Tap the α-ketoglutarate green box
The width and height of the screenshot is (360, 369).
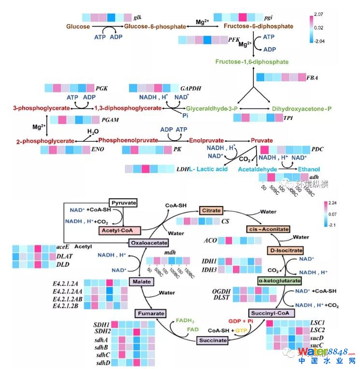point(280,280)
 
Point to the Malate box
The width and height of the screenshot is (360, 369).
point(142,281)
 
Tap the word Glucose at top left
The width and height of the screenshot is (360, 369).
point(78,27)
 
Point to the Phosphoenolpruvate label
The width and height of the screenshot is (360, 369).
point(129,140)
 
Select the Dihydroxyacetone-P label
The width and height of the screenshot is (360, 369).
point(302,109)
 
